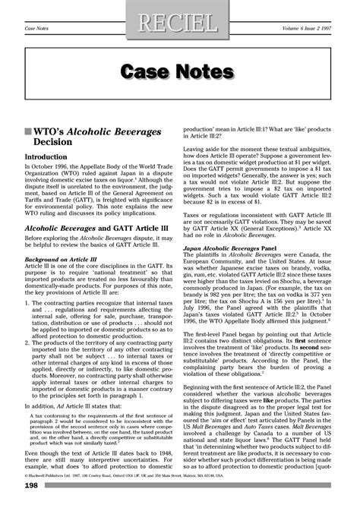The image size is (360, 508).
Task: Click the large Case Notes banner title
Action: click(181, 71)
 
